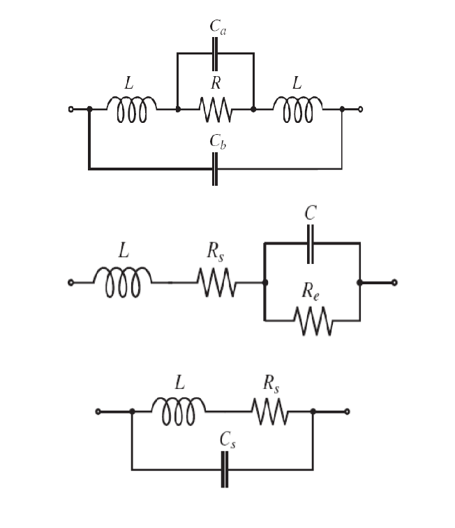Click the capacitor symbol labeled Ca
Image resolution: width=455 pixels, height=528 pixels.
[215, 52]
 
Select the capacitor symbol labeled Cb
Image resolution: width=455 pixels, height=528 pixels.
[215, 168]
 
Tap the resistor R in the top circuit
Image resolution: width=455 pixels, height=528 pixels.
[215, 109]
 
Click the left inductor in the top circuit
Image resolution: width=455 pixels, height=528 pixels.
[132, 109]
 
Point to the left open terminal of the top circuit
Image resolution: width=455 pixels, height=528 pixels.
[70, 109]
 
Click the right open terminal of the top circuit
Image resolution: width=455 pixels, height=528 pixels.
[360, 109]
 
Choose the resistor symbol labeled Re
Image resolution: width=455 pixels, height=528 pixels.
[313, 321]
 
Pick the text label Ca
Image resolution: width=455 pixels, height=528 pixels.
[218, 28]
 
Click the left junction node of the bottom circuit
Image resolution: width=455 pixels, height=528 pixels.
[132, 412]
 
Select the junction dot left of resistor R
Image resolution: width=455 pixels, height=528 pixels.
[178, 109]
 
